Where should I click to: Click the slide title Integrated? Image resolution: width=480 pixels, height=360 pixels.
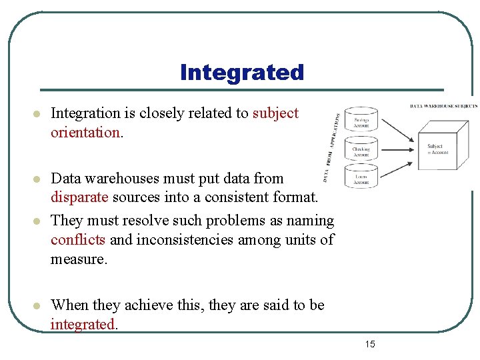point(241,72)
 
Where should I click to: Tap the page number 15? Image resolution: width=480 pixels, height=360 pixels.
point(370,344)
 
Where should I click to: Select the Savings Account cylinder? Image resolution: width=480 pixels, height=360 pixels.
point(361,121)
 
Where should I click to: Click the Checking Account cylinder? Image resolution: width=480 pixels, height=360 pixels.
point(361,151)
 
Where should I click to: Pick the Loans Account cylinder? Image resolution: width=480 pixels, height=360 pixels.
point(361,177)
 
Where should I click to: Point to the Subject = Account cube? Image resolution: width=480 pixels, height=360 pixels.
point(437,149)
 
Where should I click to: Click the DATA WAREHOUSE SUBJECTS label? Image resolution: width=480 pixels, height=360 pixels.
point(443,106)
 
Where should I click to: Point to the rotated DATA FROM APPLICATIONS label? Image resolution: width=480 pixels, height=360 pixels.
point(333,147)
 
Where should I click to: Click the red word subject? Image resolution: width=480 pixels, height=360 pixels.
point(275,113)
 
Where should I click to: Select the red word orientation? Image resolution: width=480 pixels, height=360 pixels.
point(85,132)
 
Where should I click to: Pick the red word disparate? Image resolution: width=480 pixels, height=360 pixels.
point(79,197)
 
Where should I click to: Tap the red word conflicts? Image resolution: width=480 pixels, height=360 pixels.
point(78,239)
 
